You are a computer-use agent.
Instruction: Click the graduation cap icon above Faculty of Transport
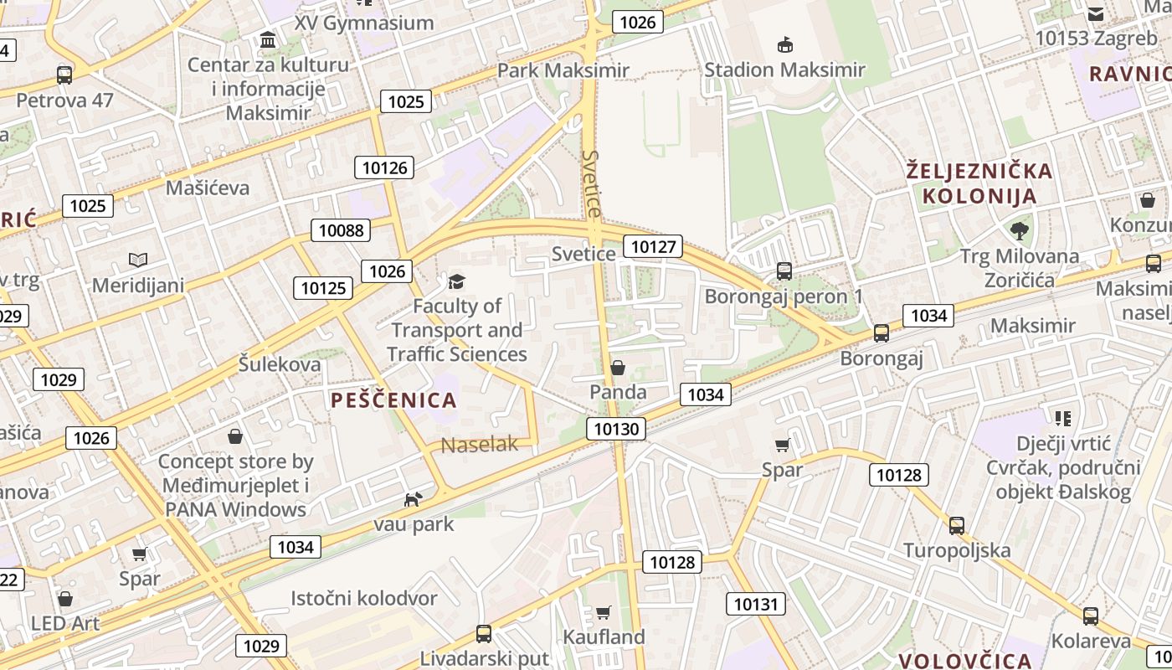click(x=456, y=281)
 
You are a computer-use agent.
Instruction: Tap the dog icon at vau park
click(x=413, y=500)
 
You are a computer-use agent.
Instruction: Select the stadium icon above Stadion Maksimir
click(x=784, y=44)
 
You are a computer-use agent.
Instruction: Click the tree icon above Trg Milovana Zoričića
click(x=1019, y=230)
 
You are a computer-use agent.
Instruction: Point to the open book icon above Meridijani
click(x=138, y=260)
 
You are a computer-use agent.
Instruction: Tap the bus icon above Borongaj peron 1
click(x=784, y=271)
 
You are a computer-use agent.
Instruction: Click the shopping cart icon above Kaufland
click(x=603, y=612)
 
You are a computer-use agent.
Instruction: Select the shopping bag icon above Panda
click(x=618, y=368)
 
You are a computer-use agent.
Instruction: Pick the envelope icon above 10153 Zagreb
click(x=1095, y=13)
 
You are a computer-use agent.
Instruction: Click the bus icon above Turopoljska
click(x=956, y=526)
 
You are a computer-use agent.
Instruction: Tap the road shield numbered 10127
click(x=654, y=246)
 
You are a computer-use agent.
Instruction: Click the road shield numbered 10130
click(x=616, y=430)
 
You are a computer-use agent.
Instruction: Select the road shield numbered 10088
click(x=341, y=230)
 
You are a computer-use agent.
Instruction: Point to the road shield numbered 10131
click(x=756, y=604)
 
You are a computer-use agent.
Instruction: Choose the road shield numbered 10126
click(x=384, y=167)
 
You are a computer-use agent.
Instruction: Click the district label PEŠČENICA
click(x=393, y=400)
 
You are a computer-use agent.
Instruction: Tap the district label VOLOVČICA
click(x=964, y=660)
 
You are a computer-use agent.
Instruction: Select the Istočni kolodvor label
click(x=363, y=598)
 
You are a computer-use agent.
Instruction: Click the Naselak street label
click(x=480, y=445)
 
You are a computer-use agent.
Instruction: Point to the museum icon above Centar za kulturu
click(x=268, y=39)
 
